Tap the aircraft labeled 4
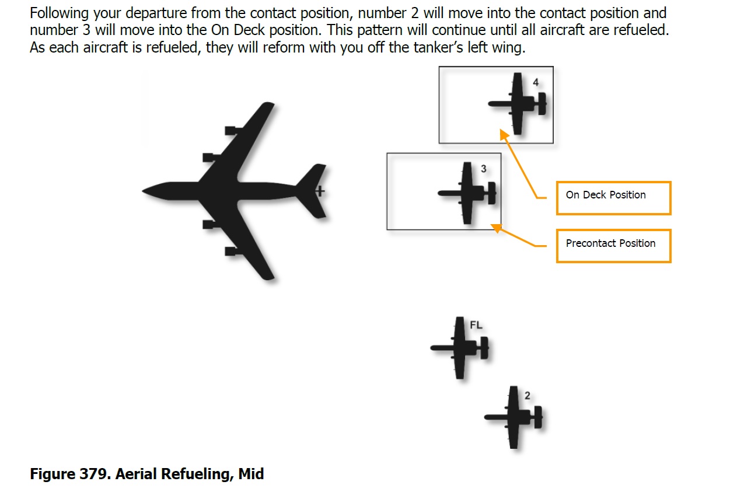point(517,104)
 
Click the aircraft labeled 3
point(467,193)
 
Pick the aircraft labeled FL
point(459,348)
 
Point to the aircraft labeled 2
point(514,417)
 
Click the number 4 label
point(536,82)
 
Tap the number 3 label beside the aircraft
point(484,169)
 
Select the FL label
point(476,325)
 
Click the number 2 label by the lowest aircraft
point(528,396)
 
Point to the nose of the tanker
point(143,191)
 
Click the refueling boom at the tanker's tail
point(320,191)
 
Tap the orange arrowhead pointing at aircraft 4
point(504,134)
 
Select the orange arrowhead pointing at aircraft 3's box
point(496,228)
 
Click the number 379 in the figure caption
point(93,474)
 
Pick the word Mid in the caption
point(251,474)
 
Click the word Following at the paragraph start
point(60,13)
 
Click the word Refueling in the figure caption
point(197,474)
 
